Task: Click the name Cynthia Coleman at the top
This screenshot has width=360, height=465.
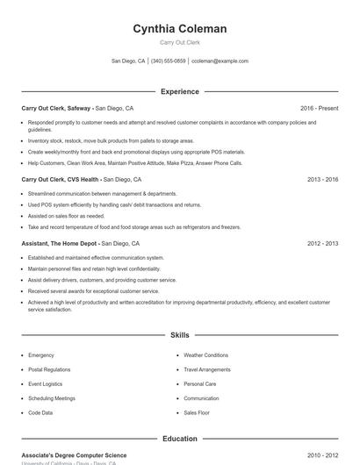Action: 179,29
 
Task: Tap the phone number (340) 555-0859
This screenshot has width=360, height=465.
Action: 169,61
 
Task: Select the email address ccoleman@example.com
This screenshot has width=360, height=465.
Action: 220,61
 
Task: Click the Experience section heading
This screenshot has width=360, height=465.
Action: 179,91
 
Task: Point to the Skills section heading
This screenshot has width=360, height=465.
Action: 179,335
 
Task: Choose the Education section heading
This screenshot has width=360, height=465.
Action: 179,439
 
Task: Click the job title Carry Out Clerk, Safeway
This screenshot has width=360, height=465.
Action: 55,108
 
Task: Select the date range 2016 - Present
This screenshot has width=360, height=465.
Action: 319,108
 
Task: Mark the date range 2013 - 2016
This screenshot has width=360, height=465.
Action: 322,179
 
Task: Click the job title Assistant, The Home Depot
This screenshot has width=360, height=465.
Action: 60,243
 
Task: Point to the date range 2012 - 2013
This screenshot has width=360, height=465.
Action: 322,243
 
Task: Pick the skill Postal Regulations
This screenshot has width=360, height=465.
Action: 48,369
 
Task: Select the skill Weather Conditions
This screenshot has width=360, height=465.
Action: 205,355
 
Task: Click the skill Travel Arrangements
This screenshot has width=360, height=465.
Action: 207,369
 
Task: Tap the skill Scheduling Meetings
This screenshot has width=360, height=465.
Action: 51,398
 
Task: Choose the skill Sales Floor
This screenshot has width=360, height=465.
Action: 197,412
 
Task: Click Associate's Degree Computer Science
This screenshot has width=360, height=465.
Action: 74,455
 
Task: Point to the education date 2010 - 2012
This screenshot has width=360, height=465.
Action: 322,455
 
